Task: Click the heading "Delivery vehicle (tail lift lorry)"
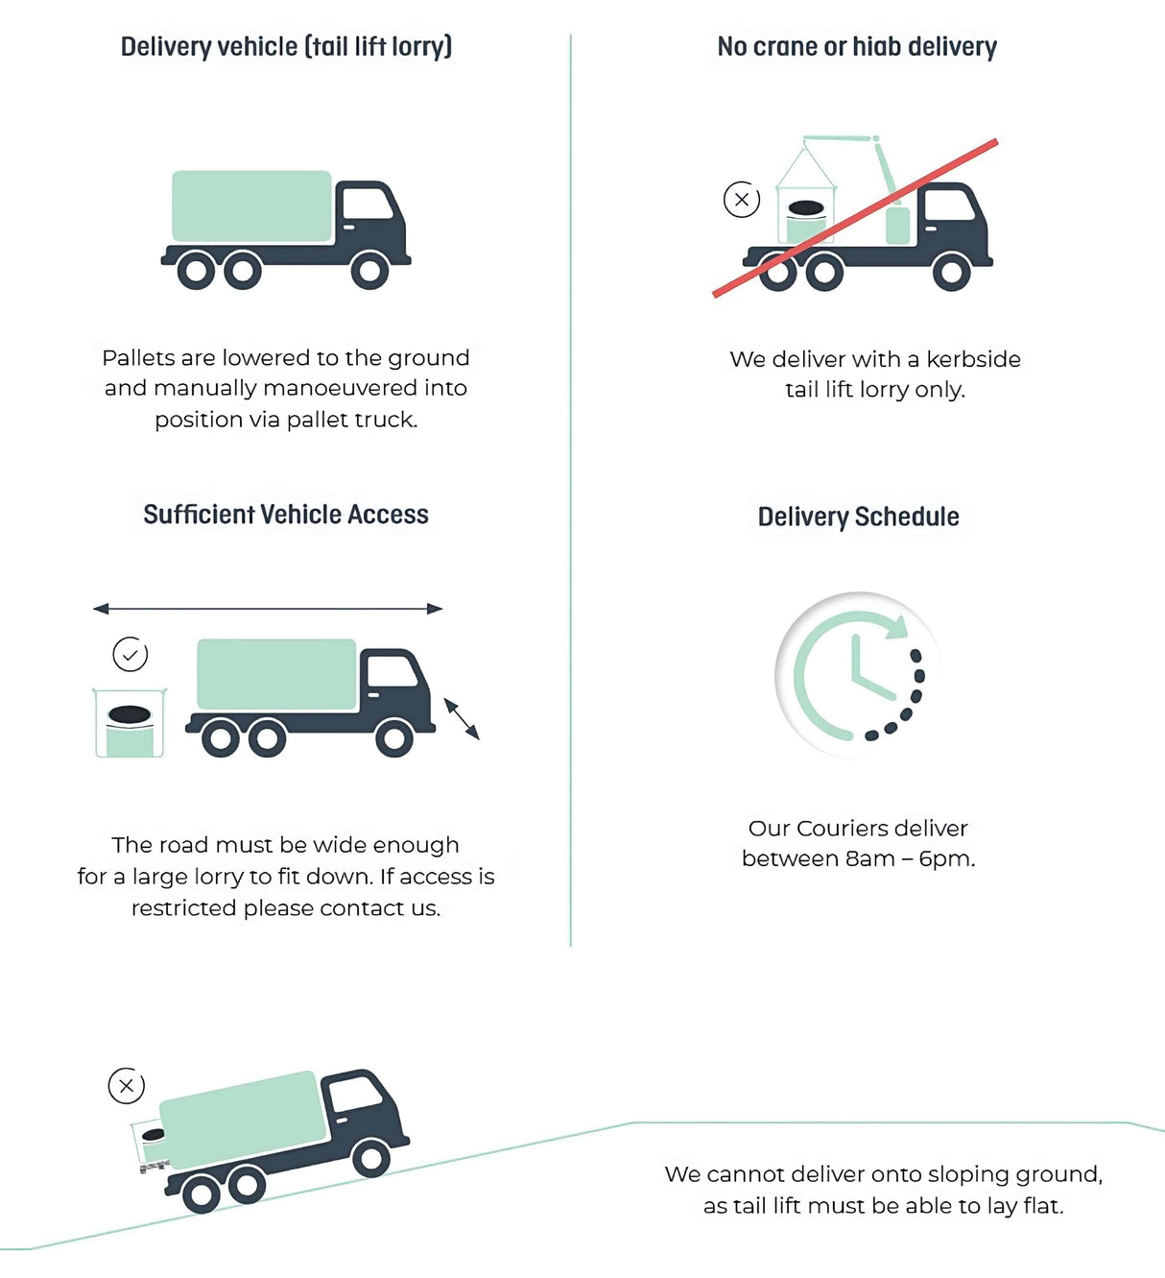[x=286, y=46]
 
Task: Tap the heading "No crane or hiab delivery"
[x=857, y=46]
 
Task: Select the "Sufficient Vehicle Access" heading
[x=286, y=515]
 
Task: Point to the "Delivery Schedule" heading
[x=858, y=517]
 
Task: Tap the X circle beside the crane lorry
[x=742, y=200]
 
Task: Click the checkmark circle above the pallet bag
[x=131, y=655]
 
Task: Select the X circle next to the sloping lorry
[x=126, y=1086]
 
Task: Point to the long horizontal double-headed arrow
[x=268, y=608]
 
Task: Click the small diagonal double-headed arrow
[x=462, y=719]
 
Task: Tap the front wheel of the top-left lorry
[x=369, y=271]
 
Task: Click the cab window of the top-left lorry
[x=366, y=204]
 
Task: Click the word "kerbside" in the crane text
[x=973, y=359]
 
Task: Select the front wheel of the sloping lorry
[x=370, y=1159]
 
